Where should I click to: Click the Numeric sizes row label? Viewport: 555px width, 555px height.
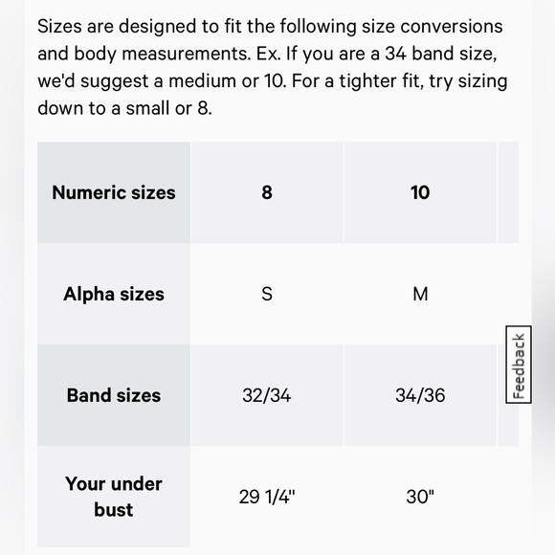tap(114, 192)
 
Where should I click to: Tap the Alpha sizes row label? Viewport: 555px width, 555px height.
tap(114, 294)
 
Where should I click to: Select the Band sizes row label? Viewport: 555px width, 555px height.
tap(114, 395)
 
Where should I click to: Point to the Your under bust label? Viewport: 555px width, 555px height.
tap(114, 497)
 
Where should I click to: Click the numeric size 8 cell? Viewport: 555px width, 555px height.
tap(267, 192)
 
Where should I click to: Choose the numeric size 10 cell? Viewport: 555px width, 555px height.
tap(420, 192)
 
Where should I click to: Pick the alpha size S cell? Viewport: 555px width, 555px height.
tap(267, 294)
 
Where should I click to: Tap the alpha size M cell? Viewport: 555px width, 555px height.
tap(420, 294)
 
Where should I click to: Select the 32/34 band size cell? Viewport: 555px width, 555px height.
tap(267, 395)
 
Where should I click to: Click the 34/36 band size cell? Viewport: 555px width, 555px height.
tap(420, 395)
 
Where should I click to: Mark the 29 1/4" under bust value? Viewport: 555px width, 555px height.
tap(267, 497)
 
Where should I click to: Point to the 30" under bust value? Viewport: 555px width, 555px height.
tap(420, 497)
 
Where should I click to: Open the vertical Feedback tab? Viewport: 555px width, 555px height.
tap(519, 366)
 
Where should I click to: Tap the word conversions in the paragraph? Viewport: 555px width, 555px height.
tap(455, 27)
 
